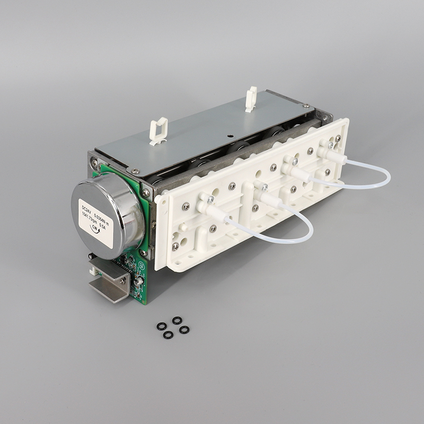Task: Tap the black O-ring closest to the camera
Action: (168, 335)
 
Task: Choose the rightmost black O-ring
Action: (184, 330)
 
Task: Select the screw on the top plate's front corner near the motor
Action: (135, 171)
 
